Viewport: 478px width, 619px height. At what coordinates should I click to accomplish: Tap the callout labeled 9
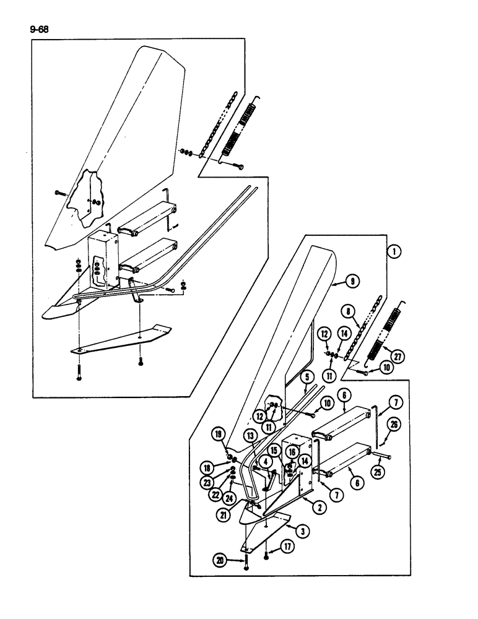tap(352, 282)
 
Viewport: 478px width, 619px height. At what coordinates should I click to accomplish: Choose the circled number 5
tap(306, 376)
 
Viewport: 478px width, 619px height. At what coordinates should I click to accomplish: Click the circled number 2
tap(319, 508)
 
